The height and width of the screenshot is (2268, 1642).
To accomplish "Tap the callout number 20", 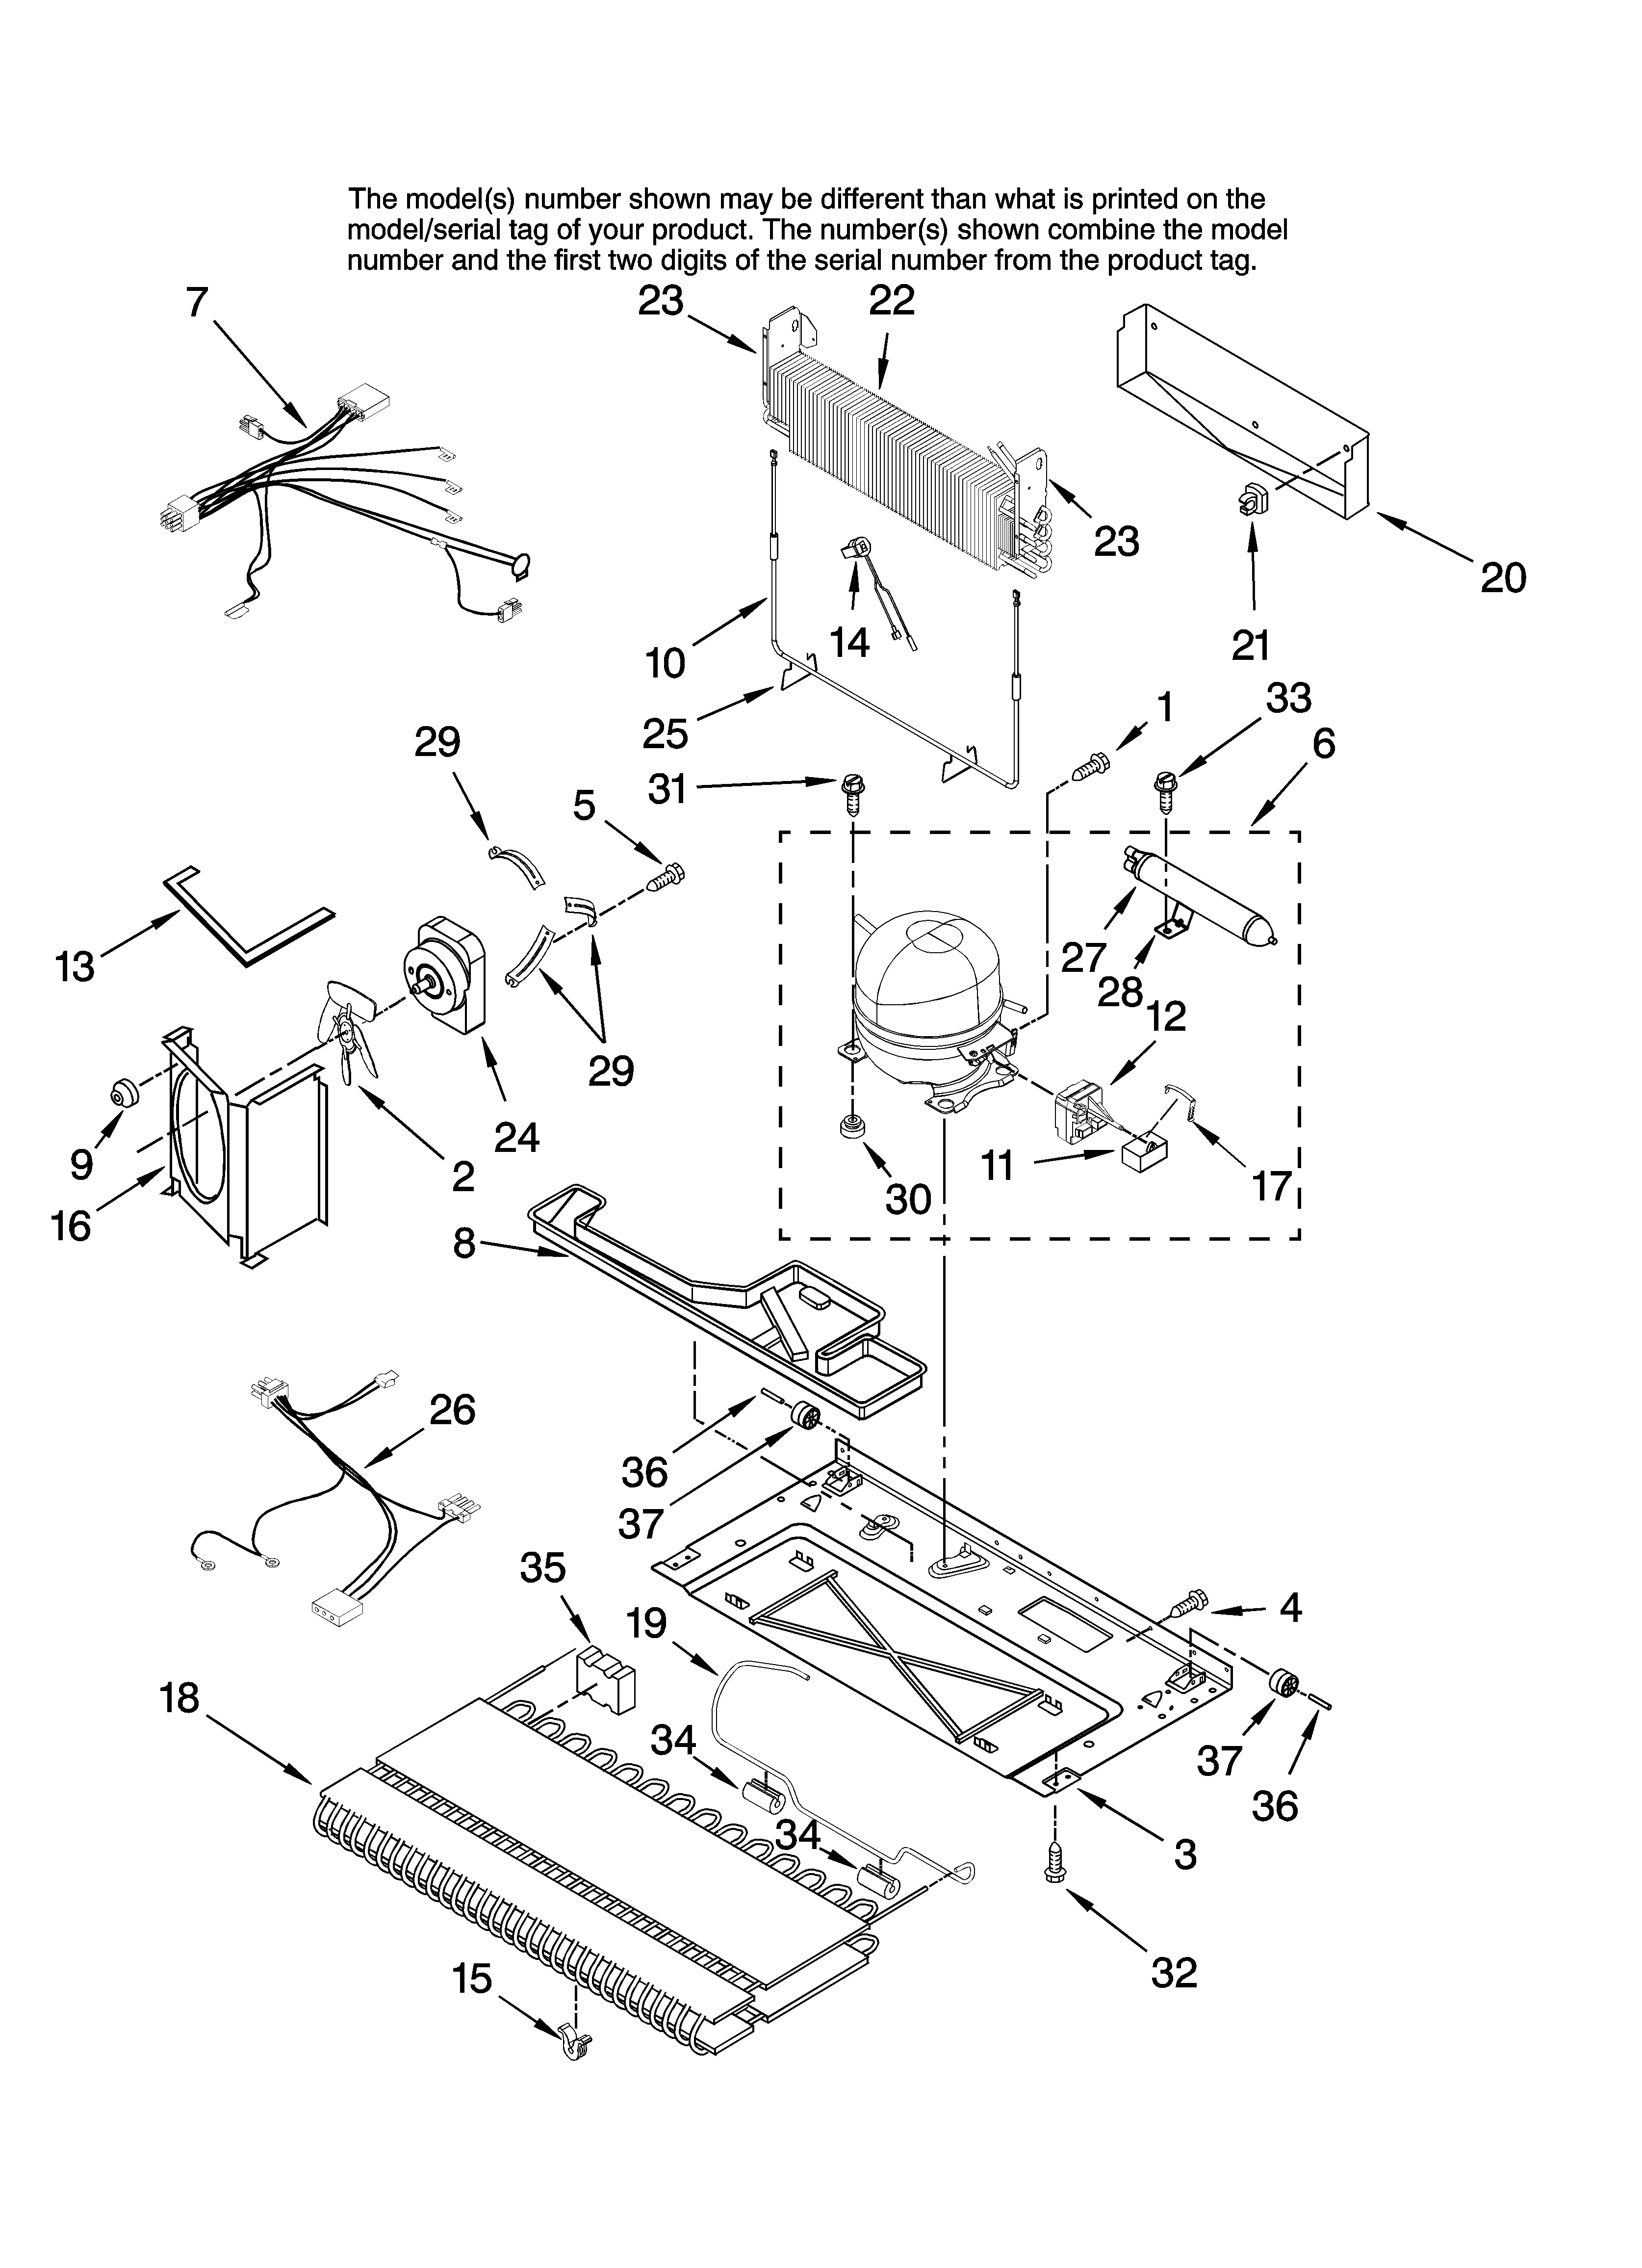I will click(1503, 578).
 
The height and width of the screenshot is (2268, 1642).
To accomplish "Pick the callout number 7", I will click(197, 302).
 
